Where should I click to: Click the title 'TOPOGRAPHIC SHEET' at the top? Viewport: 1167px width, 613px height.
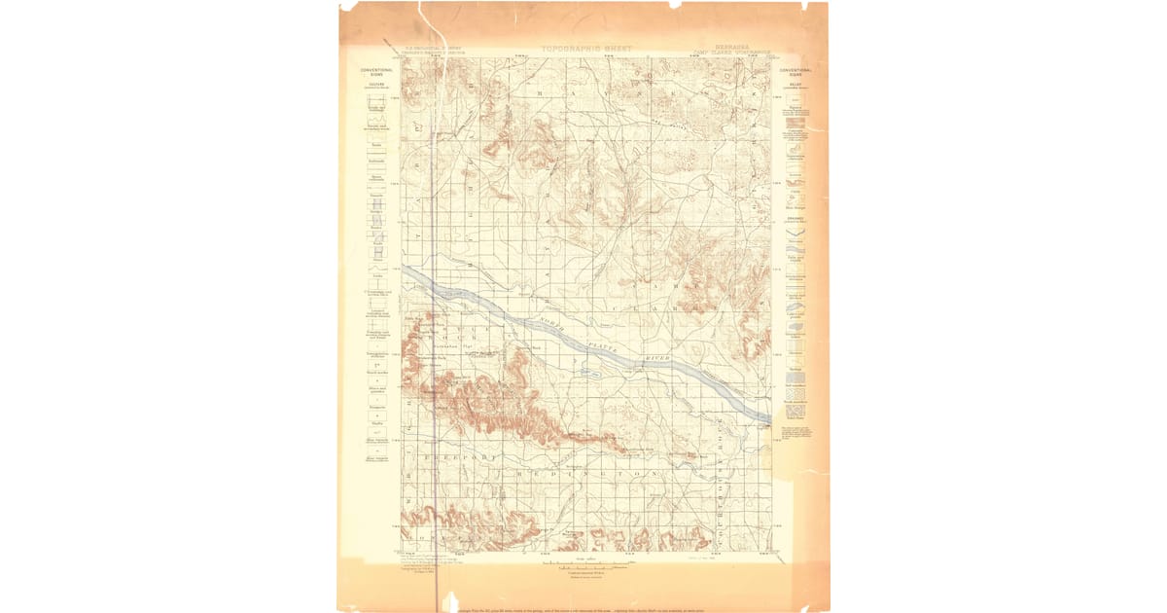tap(586, 48)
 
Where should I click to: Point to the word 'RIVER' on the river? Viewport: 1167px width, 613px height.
tap(658, 362)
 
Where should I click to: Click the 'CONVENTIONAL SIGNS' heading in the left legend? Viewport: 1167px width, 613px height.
tap(375, 72)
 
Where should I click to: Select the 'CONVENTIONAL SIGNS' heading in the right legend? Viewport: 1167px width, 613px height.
tap(796, 72)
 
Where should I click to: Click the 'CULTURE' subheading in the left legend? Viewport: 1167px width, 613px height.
tap(375, 84)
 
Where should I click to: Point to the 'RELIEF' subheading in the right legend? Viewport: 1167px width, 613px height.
tap(796, 84)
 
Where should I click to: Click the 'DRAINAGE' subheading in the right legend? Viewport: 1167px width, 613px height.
tap(796, 218)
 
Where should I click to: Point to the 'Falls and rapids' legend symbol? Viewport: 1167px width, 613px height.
tap(796, 251)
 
